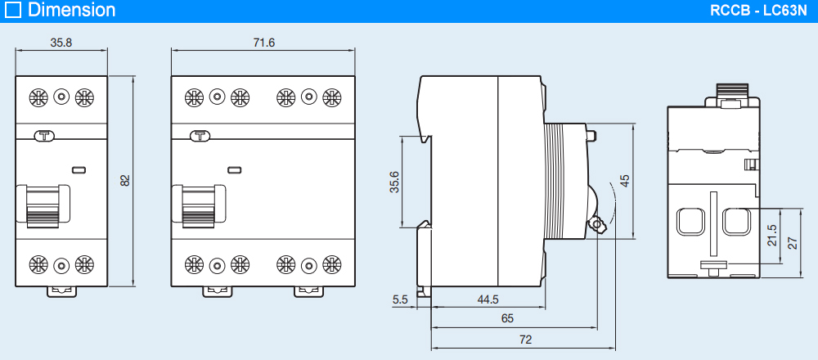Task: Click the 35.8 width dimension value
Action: (x=61, y=43)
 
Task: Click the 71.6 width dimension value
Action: (x=263, y=43)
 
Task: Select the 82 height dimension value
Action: (x=125, y=180)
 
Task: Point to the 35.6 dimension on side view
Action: (x=393, y=181)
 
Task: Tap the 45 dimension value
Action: (x=624, y=182)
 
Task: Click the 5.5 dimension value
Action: (x=400, y=299)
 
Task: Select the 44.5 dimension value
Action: (x=488, y=299)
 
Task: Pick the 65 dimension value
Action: (x=507, y=318)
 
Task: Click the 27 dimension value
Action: (x=791, y=242)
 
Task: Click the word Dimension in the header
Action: (x=71, y=11)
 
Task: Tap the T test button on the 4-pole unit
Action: (x=199, y=137)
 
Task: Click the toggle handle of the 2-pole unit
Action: (x=40, y=205)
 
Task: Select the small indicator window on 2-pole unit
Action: (x=79, y=170)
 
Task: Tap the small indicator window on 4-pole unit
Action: (x=234, y=170)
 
